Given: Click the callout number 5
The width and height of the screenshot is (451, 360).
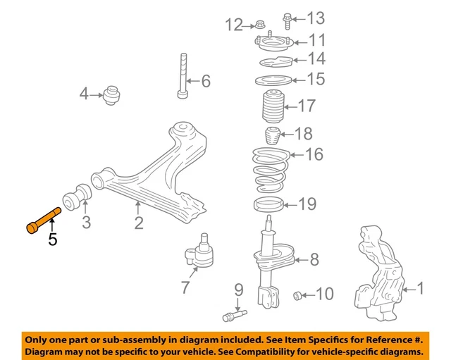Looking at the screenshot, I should [54, 240].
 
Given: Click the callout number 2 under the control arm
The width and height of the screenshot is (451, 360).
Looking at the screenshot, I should [139, 223].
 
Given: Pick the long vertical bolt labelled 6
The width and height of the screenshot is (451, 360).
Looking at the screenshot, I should [183, 77].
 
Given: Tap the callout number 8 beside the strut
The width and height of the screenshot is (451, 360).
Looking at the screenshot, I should [315, 260].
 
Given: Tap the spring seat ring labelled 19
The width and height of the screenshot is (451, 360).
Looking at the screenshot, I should [268, 205].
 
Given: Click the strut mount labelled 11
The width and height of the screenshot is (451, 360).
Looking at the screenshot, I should [271, 45].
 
